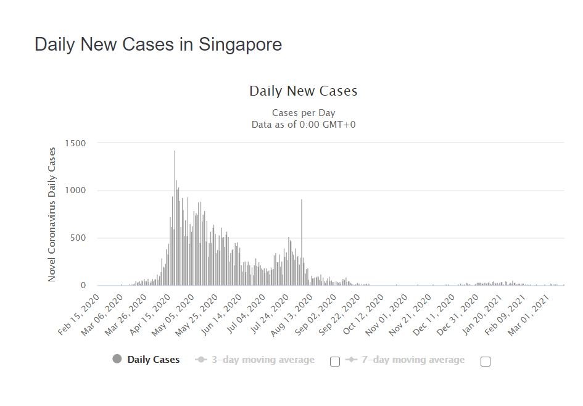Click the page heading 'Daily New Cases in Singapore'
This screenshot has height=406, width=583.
(x=158, y=45)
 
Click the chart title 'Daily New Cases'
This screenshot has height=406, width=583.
(x=303, y=91)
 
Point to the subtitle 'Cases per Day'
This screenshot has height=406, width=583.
(x=304, y=113)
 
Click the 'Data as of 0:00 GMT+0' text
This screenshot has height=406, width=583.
(x=304, y=125)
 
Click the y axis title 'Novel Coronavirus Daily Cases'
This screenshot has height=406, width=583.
(x=52, y=214)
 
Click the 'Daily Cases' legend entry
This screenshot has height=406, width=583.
(x=153, y=360)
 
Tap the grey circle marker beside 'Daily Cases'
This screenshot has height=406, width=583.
(x=117, y=359)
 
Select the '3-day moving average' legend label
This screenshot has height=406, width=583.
(x=263, y=360)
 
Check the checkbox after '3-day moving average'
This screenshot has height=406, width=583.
(x=335, y=362)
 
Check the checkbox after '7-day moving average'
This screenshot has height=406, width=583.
(x=486, y=362)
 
